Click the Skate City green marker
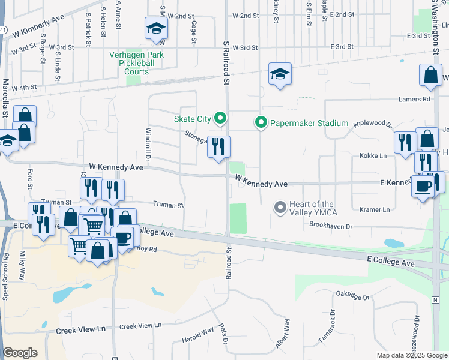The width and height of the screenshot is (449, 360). [x=220, y=118]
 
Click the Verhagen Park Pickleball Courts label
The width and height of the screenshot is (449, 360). [x=137, y=62]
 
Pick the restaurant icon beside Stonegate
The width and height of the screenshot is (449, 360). [x=219, y=147]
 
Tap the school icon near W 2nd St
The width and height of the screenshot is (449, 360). [x=156, y=29]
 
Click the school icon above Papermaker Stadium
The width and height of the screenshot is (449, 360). [x=280, y=74]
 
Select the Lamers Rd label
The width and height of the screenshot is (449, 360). [x=418, y=99]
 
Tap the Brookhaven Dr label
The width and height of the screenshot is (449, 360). [x=330, y=226]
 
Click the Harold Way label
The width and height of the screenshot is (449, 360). [x=198, y=335]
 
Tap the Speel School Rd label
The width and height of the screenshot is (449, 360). [x=6, y=276]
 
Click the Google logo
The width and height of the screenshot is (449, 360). [x=20, y=352]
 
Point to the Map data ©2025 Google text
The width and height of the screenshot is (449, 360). [x=411, y=355]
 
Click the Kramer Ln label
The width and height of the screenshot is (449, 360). [x=375, y=209]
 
